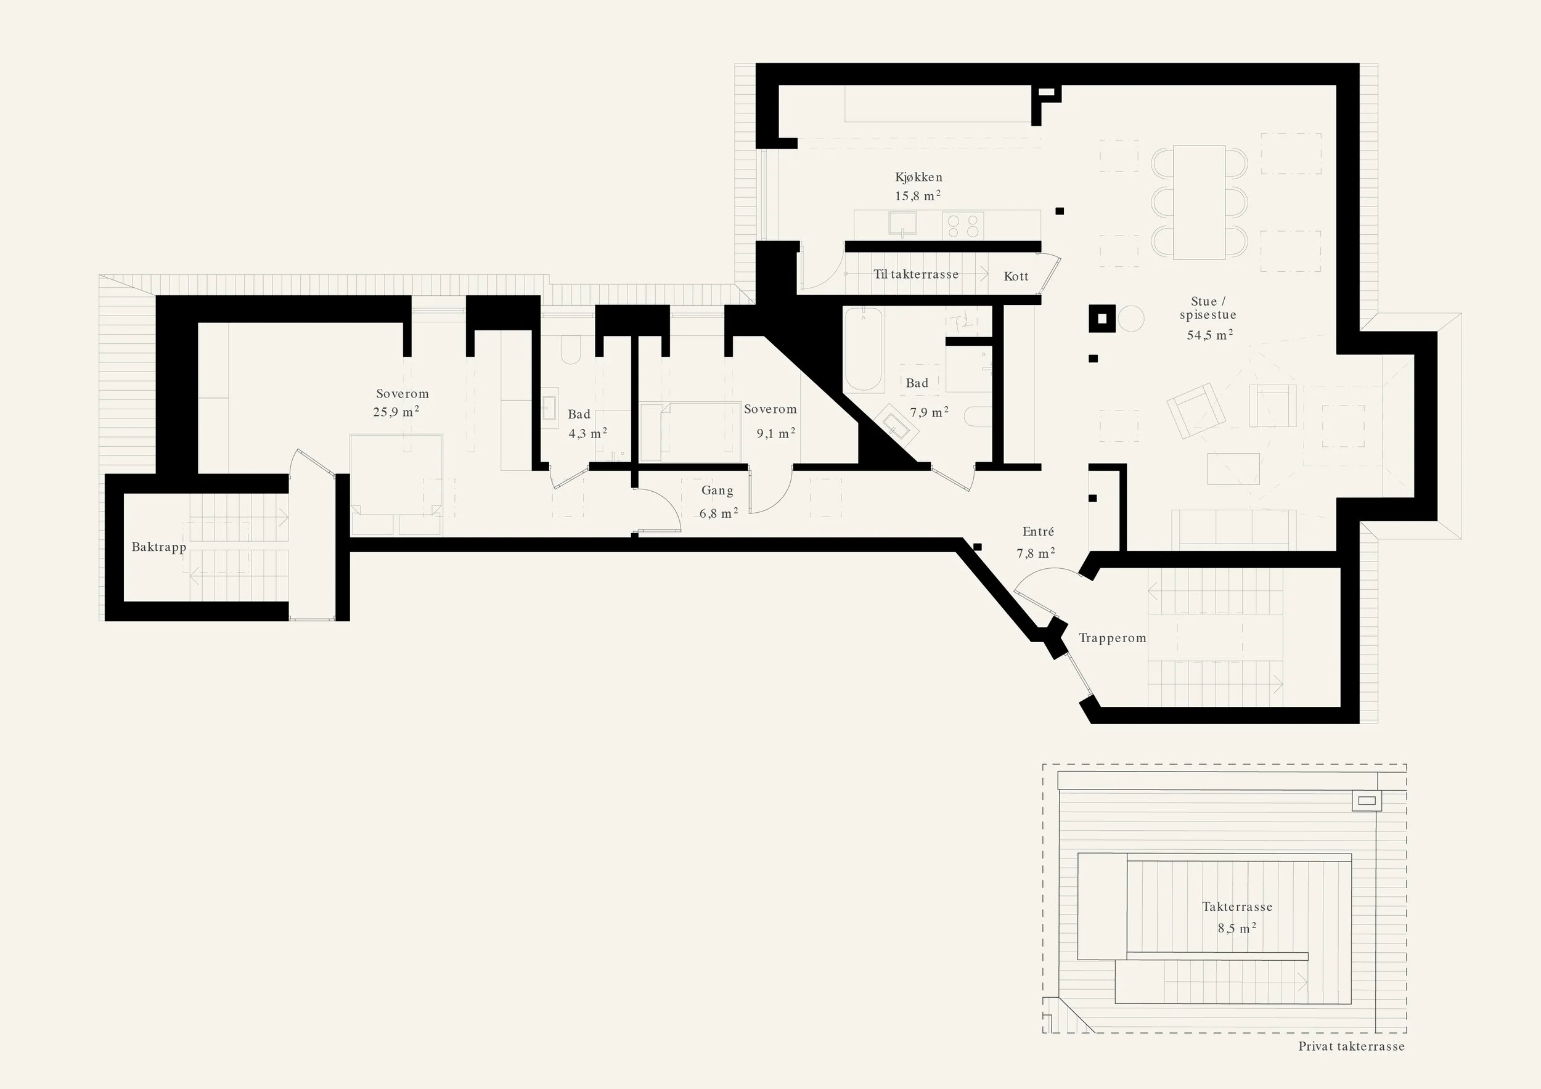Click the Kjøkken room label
pos(918,177)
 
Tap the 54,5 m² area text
pos(1209,334)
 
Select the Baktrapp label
pos(158,547)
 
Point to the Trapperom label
pos(1112,638)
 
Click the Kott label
pos(1015,277)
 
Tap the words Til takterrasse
pos(915,274)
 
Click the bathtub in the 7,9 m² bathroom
pos(863,349)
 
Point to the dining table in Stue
pos(1199,202)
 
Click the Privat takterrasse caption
pos(1351,1046)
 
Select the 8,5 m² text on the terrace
pos(1236,929)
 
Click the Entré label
pos(1037,531)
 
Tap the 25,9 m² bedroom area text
pos(396,412)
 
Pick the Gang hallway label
pos(717,491)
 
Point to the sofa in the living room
pos(1233,528)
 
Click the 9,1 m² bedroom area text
pos(776,433)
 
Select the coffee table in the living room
pos(1233,468)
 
